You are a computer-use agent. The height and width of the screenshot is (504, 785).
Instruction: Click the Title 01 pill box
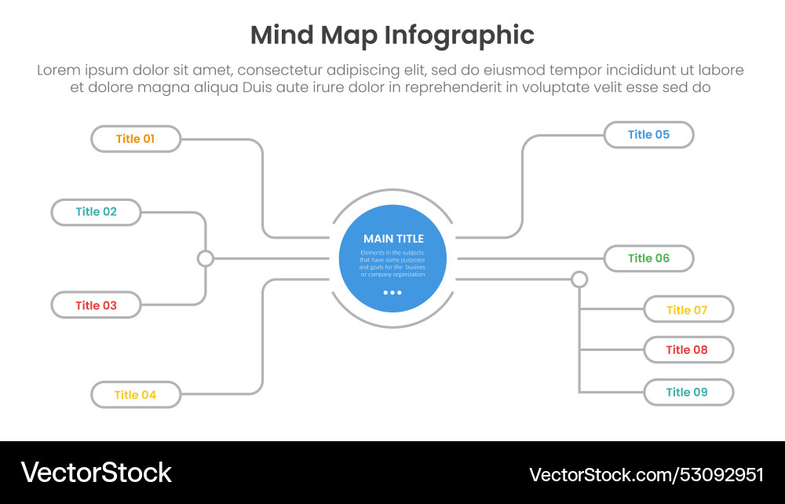[x=136, y=139]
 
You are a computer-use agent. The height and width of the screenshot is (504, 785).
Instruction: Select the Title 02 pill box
[x=96, y=212]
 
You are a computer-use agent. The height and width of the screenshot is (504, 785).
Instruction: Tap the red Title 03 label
[x=96, y=305]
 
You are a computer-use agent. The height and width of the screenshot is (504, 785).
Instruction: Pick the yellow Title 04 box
[x=136, y=395]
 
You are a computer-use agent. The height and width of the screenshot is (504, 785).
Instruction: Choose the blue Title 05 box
[x=648, y=135]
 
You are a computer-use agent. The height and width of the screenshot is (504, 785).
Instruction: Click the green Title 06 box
[x=648, y=258]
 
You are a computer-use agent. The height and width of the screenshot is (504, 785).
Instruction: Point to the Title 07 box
[x=688, y=309]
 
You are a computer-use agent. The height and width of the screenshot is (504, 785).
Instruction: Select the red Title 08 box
[x=688, y=350]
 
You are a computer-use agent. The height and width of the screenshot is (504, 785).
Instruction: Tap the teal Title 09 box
[x=688, y=393]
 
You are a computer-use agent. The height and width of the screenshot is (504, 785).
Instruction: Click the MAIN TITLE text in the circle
[x=393, y=239]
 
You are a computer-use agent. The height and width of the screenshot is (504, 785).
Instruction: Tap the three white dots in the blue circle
[x=392, y=293]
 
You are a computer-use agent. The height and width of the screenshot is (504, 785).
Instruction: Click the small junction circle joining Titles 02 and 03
[x=206, y=258]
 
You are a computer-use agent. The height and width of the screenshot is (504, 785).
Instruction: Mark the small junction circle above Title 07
[x=579, y=279]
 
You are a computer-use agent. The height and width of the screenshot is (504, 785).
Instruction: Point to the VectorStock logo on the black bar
[x=97, y=473]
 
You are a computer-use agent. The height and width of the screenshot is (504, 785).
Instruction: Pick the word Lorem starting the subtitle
[x=60, y=71]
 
